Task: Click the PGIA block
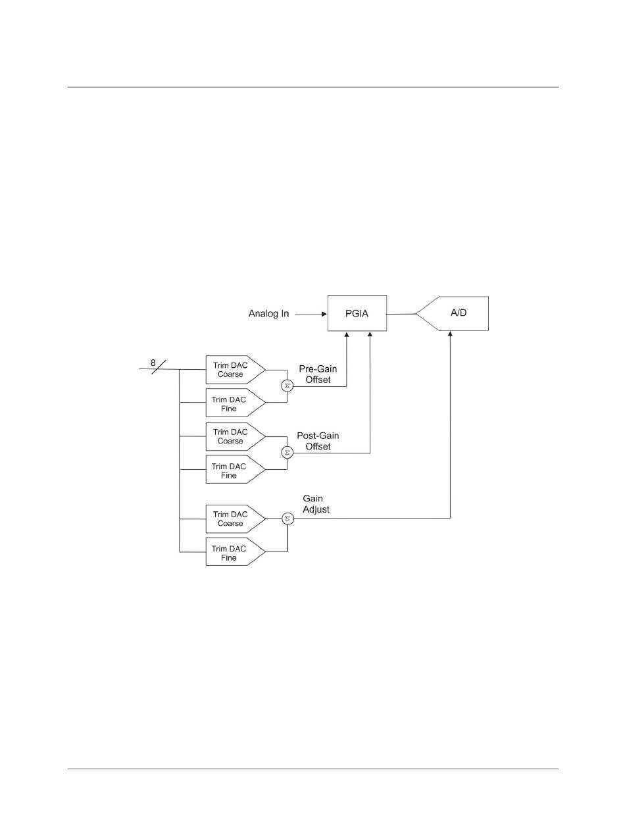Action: pos(357,313)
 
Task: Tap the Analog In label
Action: pos(268,314)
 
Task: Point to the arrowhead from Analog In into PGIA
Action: pos(323,314)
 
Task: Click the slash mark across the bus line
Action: pos(159,368)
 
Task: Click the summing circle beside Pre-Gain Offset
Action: pos(287,386)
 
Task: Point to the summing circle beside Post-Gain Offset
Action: pos(287,453)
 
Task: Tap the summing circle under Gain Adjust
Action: pos(287,519)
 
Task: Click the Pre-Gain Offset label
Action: pos(318,375)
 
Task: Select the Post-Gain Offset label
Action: pos(318,442)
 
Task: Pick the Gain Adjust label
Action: pos(316,504)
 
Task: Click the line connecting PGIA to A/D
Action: pos(401,314)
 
